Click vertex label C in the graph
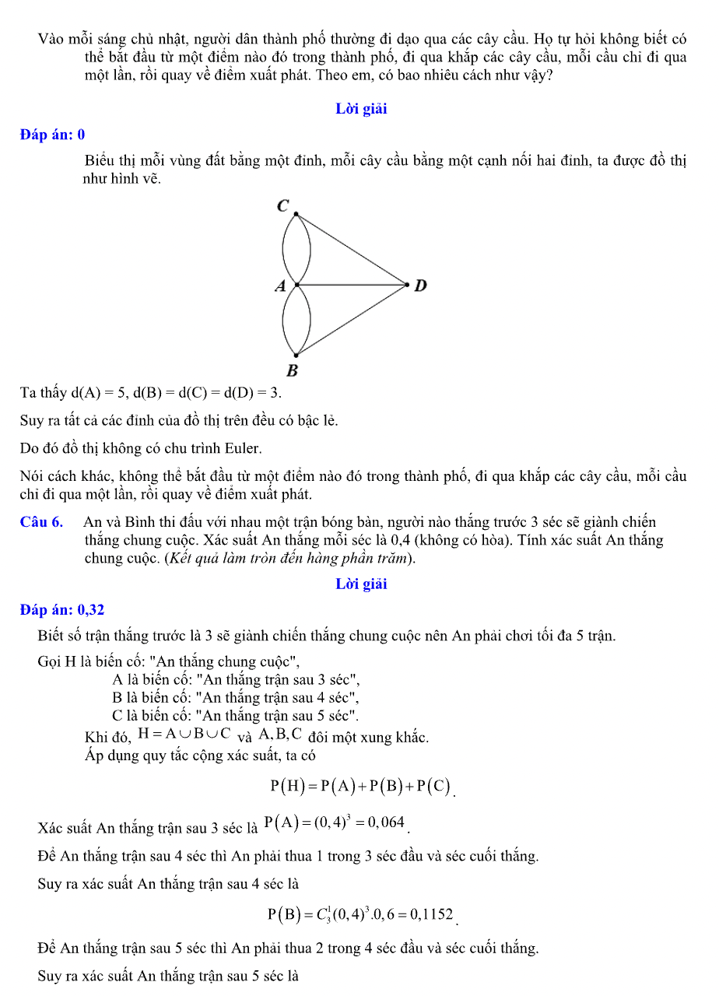(283, 206)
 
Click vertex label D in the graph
(420, 286)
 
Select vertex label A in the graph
(280, 286)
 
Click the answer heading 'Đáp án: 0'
(52, 135)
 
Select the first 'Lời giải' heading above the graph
(361, 109)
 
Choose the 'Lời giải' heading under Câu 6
(361, 584)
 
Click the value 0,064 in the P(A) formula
(384, 822)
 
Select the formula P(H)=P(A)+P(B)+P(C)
(360, 786)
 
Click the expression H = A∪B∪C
(184, 733)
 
